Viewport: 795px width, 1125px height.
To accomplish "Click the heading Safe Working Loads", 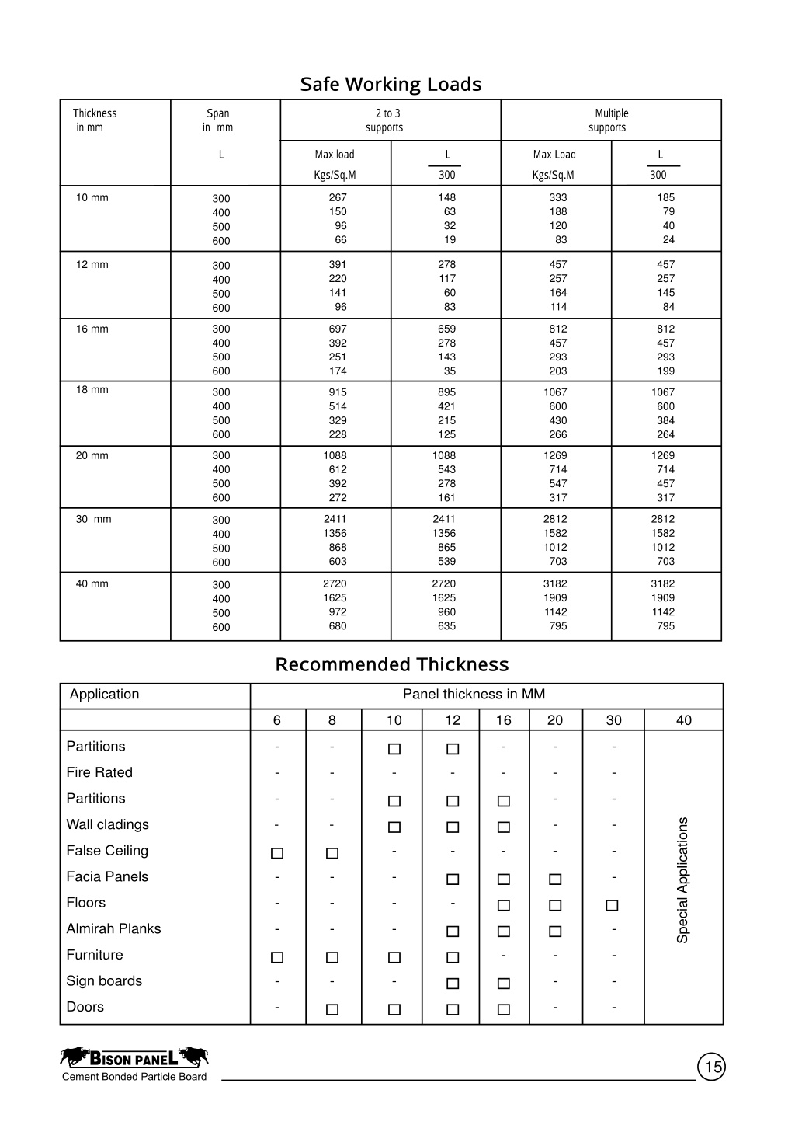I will (391, 84).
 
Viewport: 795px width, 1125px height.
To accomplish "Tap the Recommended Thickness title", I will (392, 664).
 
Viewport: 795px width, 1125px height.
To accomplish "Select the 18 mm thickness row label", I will (92, 390).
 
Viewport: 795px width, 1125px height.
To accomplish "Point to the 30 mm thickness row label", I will (93, 519).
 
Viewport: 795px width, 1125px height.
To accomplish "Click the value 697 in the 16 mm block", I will (338, 329).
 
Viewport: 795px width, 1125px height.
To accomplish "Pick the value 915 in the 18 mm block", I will (338, 392).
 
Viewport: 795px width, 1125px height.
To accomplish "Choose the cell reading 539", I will (446, 561).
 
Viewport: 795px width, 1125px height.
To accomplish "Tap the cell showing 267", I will (338, 197).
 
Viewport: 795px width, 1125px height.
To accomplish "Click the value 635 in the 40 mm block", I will (446, 625).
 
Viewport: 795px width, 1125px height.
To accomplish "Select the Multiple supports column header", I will (610, 120).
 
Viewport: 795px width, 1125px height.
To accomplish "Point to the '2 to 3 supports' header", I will (386, 120).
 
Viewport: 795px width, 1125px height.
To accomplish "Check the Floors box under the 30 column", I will (612, 905).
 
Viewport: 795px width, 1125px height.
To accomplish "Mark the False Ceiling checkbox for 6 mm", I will (277, 853).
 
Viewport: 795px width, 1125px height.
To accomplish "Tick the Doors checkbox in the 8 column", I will (332, 1009).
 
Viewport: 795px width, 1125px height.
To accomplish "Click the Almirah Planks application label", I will (113, 928).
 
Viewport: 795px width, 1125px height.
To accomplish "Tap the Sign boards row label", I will (104, 980).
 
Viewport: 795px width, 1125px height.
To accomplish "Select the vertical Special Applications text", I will (682, 880).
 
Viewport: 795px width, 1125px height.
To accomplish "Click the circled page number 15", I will (712, 1068).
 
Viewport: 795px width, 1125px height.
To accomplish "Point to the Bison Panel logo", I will (134, 1057).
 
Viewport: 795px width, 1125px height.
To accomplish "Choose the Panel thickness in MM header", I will (474, 694).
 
